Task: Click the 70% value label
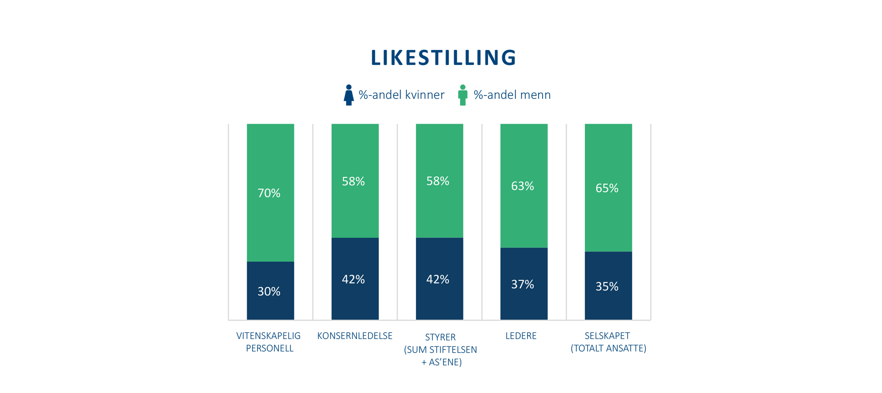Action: (269, 193)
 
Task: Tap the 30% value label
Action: (269, 291)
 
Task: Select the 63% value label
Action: (522, 186)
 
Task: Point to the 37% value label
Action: (522, 284)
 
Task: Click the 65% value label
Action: (607, 188)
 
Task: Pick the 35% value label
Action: (607, 286)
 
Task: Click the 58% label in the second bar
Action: (353, 181)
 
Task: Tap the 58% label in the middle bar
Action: (438, 181)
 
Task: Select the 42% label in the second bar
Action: (353, 279)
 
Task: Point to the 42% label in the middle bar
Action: (438, 279)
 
